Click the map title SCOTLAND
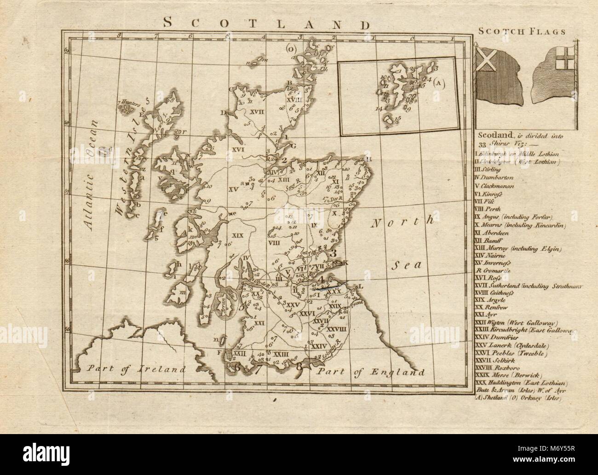(267, 23)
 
